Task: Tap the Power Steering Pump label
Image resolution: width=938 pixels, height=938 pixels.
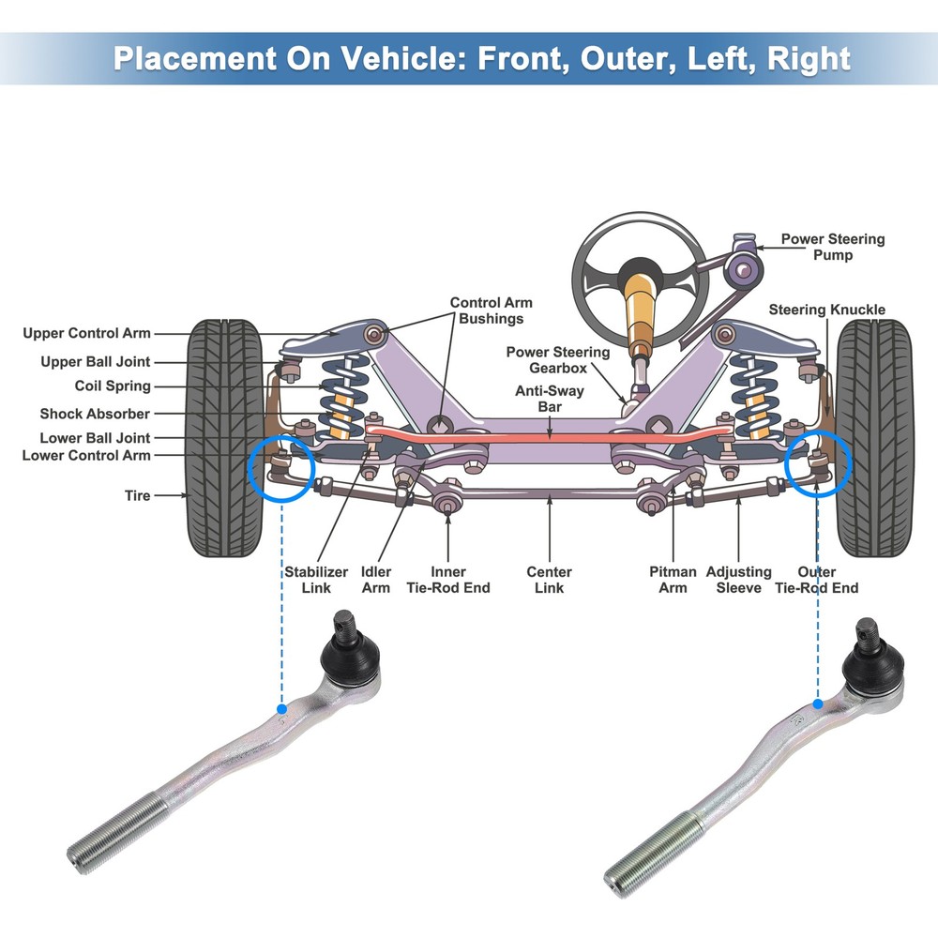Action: click(x=832, y=247)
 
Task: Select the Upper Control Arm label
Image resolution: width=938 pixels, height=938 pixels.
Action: click(x=86, y=333)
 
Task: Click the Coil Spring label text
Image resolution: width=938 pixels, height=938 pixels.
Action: click(x=113, y=386)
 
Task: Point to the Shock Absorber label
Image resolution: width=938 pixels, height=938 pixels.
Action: click(x=95, y=414)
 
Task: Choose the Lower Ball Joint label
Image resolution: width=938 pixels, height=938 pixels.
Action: click(x=95, y=438)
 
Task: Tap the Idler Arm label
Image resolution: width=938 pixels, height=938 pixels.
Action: click(x=376, y=580)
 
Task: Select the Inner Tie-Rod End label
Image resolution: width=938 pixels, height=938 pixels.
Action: click(x=447, y=580)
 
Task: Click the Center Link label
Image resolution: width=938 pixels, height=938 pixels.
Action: click(x=549, y=580)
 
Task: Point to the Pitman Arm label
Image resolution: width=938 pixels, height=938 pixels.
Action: click(x=673, y=580)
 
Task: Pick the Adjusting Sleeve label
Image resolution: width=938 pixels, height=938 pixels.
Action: click(x=738, y=580)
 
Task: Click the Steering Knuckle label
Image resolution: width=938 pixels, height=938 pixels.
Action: click(x=826, y=310)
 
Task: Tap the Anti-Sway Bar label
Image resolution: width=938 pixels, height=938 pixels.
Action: click(x=549, y=399)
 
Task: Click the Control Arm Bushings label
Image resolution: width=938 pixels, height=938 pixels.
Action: click(x=491, y=310)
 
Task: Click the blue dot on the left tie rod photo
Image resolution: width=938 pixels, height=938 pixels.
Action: click(x=280, y=708)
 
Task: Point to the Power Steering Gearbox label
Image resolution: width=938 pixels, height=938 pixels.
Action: click(x=557, y=360)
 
